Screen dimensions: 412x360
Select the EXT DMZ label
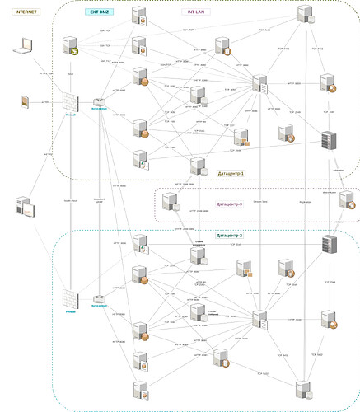pos(100,12)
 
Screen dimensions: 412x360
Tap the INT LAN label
pos(194,12)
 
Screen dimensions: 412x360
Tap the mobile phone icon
pos(26,101)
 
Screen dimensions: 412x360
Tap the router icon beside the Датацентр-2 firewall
pos(100,299)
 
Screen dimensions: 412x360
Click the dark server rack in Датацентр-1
pos(329,140)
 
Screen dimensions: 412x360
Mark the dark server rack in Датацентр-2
pos(329,245)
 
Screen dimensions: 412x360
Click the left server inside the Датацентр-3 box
pos(171,200)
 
